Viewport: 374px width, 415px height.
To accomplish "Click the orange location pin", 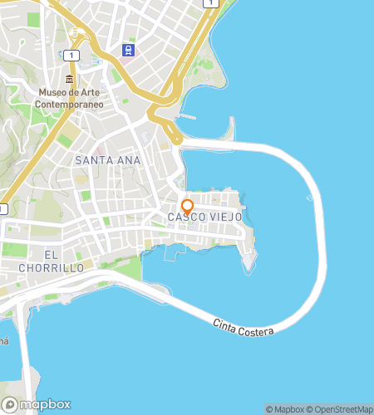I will tap(187, 206).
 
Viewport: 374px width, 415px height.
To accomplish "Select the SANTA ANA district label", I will tap(107, 159).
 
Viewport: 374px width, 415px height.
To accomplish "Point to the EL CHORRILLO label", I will tap(52, 261).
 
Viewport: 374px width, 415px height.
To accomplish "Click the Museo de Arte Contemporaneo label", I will tap(69, 98).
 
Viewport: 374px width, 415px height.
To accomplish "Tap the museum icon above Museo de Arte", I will tap(69, 79).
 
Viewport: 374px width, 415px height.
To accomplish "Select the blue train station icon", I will tap(127, 50).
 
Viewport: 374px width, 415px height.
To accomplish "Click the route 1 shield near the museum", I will tap(73, 55).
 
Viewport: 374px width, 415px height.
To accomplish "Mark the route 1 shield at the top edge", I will tap(211, 3).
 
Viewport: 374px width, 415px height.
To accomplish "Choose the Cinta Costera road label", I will tap(244, 328).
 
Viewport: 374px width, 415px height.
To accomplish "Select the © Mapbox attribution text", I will tap(284, 409).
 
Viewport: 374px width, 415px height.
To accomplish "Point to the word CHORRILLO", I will tap(52, 268).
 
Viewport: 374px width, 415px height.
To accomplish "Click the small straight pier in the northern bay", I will tap(187, 116).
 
